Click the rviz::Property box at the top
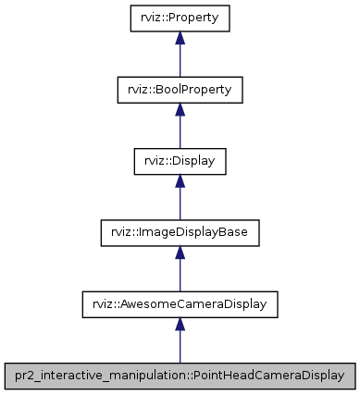coord(180,18)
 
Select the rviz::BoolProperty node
coord(180,89)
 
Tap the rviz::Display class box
coord(180,160)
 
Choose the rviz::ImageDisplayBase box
coord(180,231)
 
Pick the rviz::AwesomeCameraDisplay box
coord(180,302)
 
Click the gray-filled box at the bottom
coord(180,375)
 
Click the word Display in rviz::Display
coord(192,161)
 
